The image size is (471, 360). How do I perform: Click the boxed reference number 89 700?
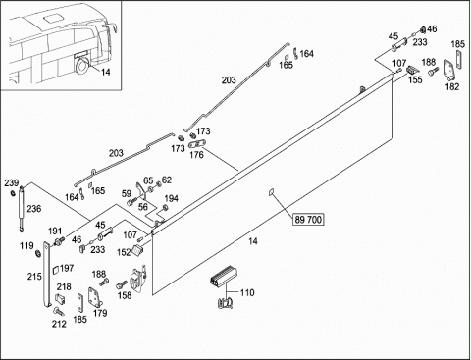click(x=308, y=220)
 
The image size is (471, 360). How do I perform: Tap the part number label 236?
click(x=34, y=209)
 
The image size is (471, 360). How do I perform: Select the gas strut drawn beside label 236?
click(x=22, y=209)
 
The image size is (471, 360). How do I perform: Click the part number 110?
click(x=247, y=292)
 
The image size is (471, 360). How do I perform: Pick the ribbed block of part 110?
click(x=224, y=278)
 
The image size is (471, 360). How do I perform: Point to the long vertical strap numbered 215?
click(x=47, y=275)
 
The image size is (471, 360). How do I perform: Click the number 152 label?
click(x=124, y=252)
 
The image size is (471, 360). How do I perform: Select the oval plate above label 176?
click(x=197, y=144)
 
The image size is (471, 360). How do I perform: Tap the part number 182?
click(x=452, y=86)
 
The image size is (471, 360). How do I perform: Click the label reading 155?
click(x=415, y=79)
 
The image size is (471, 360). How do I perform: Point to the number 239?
click(x=12, y=183)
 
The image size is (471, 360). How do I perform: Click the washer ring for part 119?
click(x=37, y=253)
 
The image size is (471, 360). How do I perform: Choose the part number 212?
click(x=59, y=324)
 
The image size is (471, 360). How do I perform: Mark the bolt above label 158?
click(x=121, y=284)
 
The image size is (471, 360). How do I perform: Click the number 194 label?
click(x=171, y=198)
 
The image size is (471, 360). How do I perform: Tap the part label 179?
click(x=100, y=313)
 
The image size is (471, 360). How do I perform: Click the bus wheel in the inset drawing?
click(x=82, y=65)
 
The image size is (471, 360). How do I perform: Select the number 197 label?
click(x=67, y=268)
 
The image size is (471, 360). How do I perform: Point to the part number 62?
click(x=167, y=180)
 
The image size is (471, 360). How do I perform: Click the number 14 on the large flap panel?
click(x=253, y=241)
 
